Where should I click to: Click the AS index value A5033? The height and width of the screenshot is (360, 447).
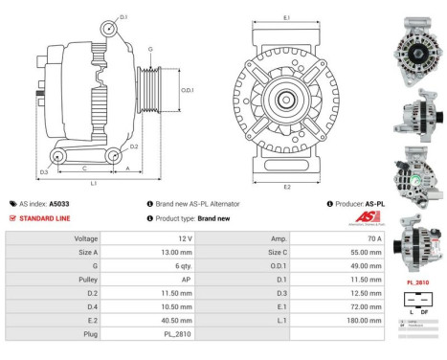pos(60,204)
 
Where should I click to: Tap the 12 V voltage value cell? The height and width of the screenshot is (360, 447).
pos(184,237)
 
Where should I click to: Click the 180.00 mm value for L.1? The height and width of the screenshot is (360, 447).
pos(362,321)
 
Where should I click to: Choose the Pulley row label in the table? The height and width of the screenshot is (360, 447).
pos(87,280)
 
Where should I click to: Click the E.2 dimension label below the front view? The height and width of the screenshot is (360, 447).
pos(287,189)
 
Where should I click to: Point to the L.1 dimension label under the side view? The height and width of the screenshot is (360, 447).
pos(93,182)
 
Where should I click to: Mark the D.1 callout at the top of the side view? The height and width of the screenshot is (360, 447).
pos(124,17)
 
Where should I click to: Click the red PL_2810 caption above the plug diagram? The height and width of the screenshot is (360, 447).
pos(417,283)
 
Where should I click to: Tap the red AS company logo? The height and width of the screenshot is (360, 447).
pos(369,219)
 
